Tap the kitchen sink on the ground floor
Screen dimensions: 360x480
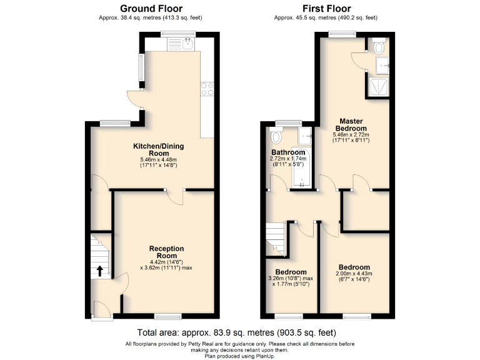point(187,44)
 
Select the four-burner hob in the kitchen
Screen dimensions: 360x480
point(206,89)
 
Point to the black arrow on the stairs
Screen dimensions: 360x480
point(99,271)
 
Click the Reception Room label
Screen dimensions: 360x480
point(166,252)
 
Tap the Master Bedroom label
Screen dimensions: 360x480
point(351,124)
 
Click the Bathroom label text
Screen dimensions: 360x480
point(288,152)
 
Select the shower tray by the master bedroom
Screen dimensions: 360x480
point(377,88)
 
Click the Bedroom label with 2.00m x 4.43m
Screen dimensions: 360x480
point(354,267)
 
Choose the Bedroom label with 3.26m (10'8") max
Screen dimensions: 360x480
point(291,272)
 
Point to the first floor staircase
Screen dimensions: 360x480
point(275,238)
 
